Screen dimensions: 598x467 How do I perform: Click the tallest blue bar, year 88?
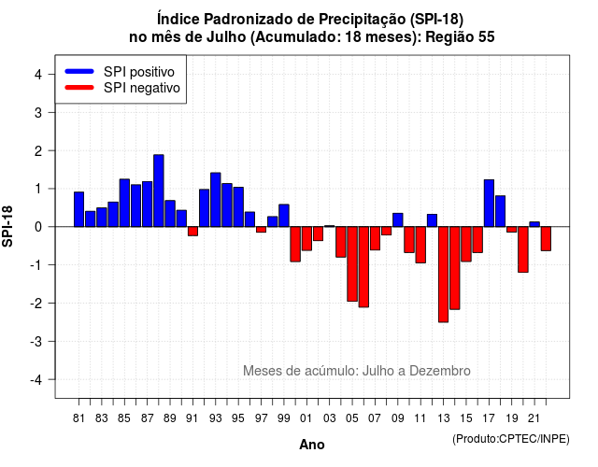point(159,191)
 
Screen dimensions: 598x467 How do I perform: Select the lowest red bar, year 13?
point(443,275)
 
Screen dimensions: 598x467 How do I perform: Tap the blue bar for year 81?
point(78,209)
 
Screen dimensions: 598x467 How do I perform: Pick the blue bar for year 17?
point(489,204)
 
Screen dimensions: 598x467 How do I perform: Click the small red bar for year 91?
point(193,232)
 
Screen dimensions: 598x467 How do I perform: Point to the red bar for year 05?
point(352,263)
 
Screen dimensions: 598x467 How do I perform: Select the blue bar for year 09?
point(398,220)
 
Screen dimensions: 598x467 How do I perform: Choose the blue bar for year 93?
point(216,200)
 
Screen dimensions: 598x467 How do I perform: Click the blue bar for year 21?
point(534,224)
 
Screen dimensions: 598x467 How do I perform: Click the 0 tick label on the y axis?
point(38,227)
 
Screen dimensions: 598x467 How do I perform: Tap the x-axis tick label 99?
point(284,418)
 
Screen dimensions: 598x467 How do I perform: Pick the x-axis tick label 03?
point(330,418)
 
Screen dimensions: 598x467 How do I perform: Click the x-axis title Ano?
point(312,445)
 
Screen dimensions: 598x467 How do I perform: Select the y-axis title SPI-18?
point(7,226)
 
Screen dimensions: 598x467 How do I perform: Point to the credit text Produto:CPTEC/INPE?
point(511,439)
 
